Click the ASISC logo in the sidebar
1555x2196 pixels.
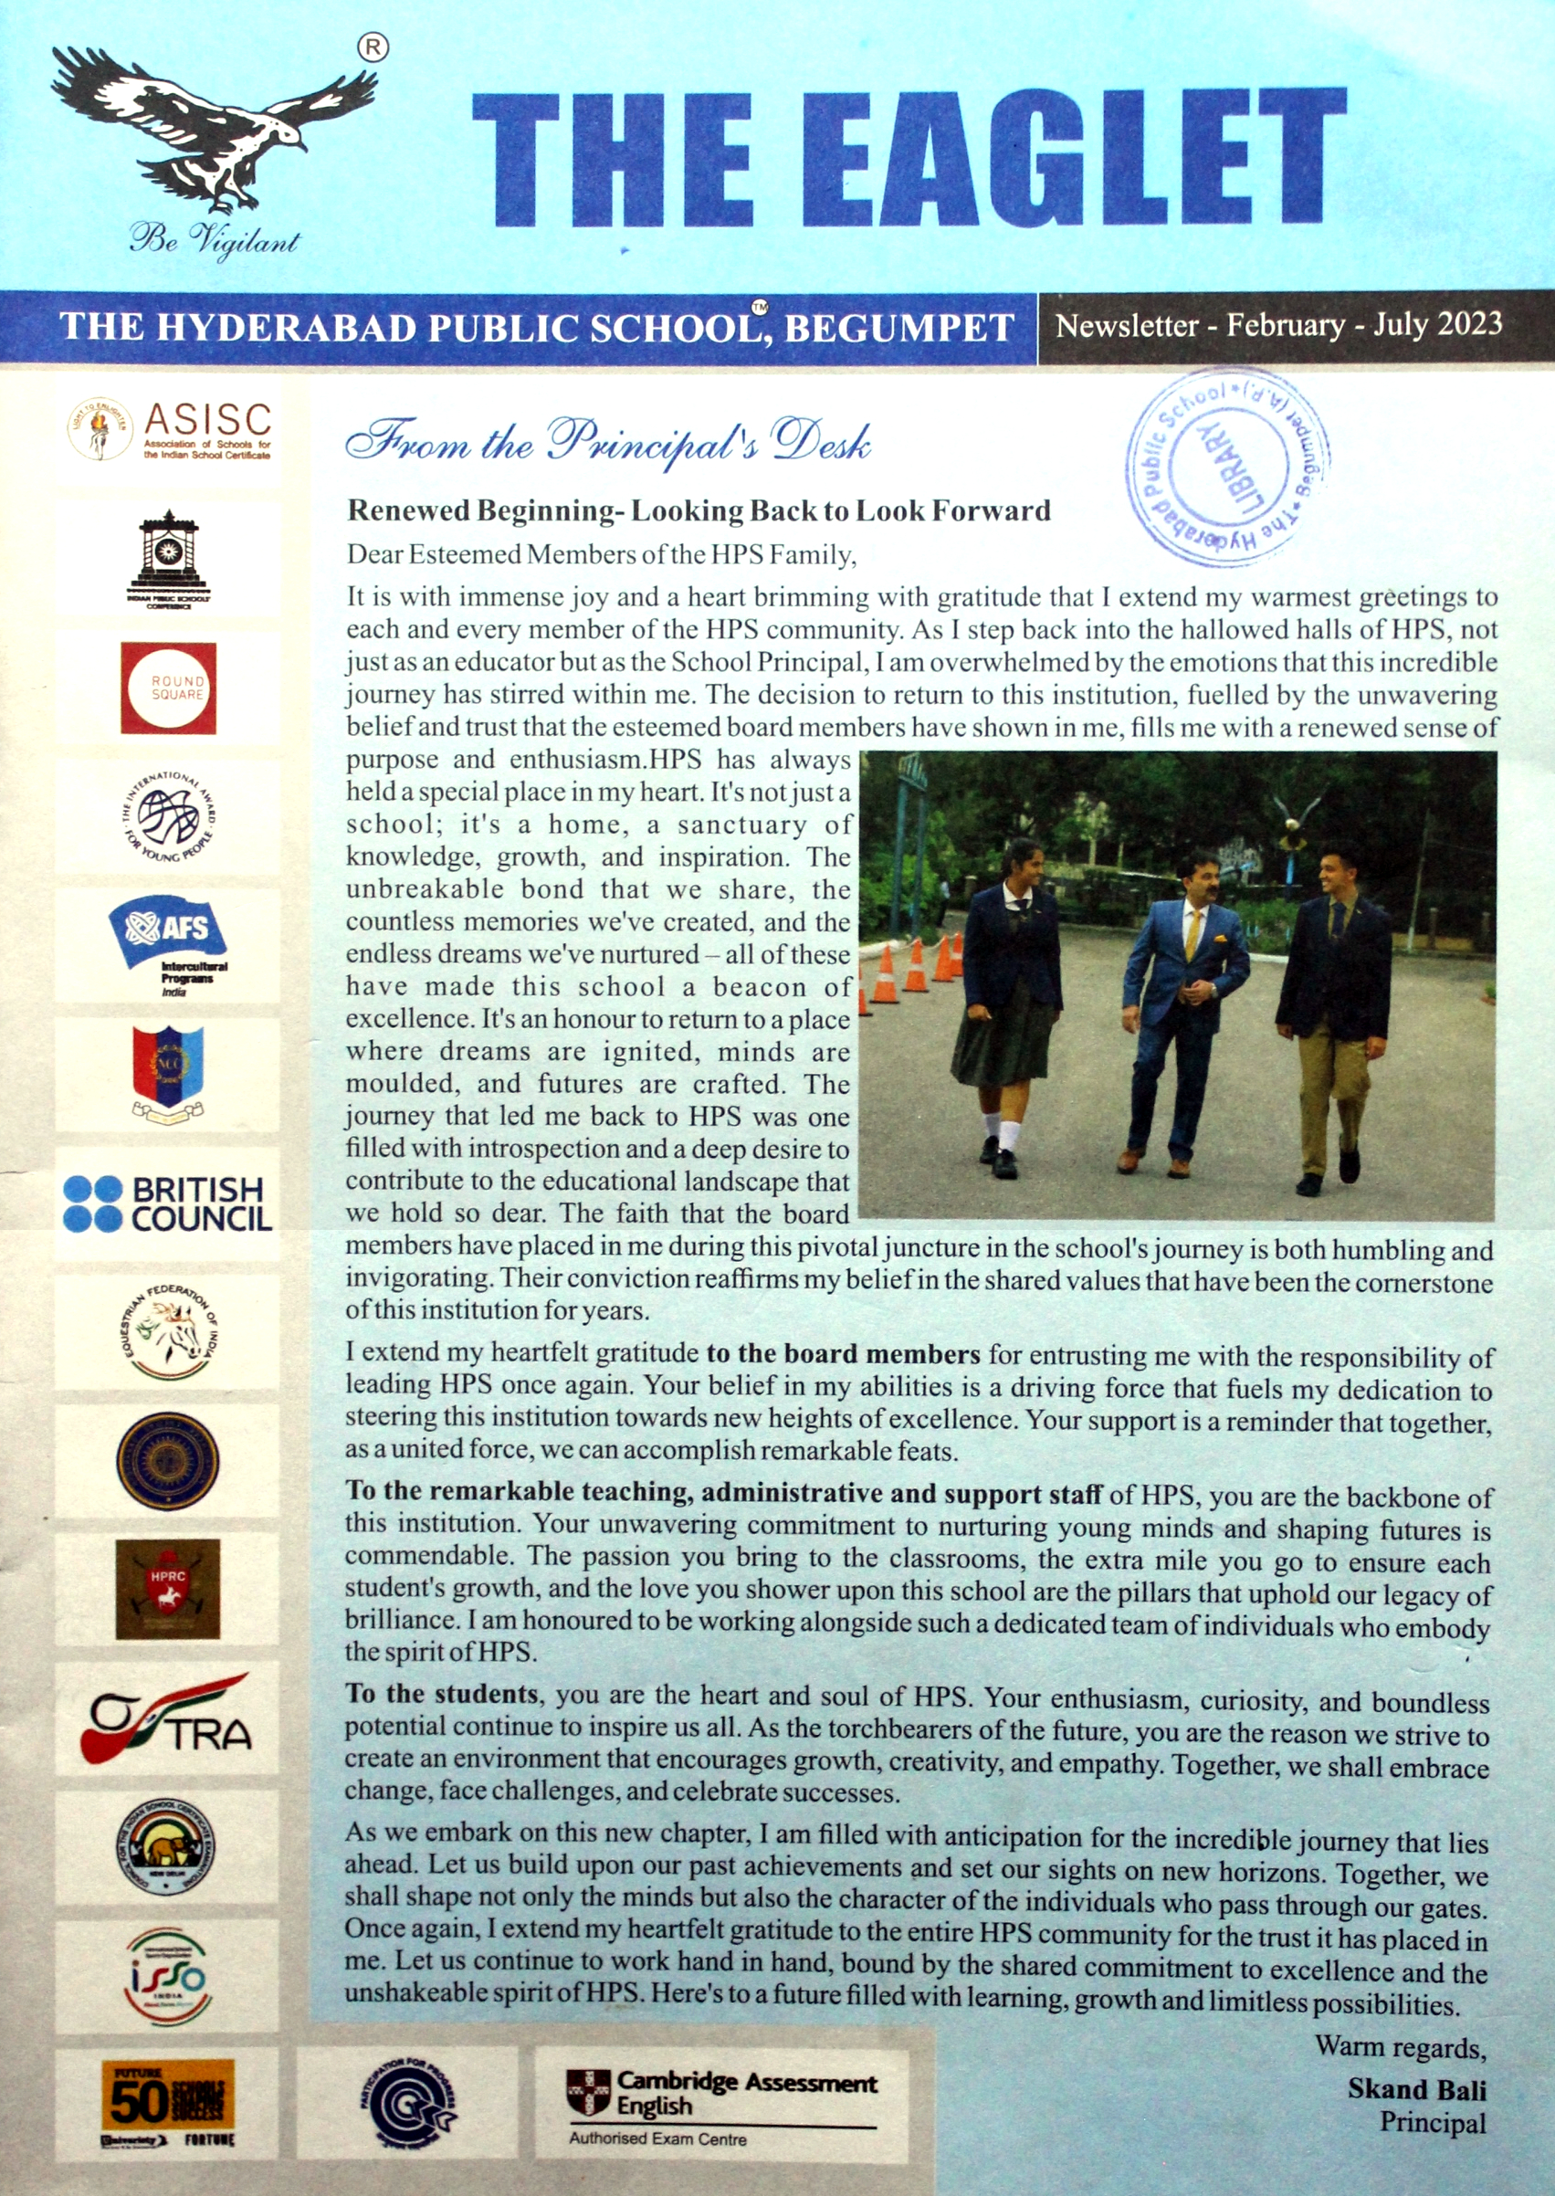169,430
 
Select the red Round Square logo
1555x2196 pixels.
169,688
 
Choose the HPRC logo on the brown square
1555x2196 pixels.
168,1589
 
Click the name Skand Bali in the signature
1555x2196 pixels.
1416,2088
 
